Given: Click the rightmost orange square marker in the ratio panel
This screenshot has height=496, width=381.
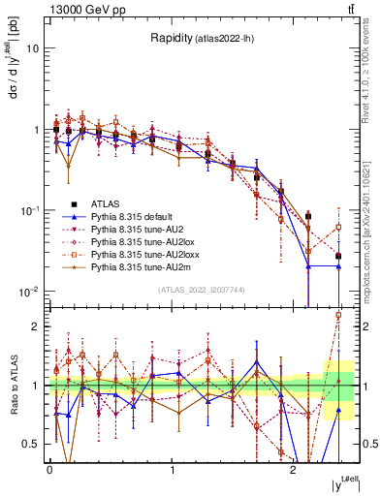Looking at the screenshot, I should coord(338,315).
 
